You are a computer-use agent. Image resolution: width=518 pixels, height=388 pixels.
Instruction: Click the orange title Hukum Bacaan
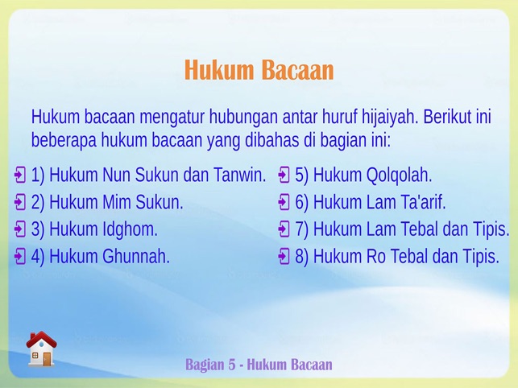(259, 70)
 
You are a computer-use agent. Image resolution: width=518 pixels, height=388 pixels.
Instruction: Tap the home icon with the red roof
(41, 349)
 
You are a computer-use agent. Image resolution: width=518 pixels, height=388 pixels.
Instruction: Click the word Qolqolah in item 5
(399, 175)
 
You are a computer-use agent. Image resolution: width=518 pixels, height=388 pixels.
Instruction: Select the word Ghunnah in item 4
(136, 256)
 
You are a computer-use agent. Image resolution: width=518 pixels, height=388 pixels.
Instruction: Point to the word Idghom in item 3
(131, 229)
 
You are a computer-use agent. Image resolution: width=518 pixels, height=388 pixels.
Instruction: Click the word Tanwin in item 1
(240, 175)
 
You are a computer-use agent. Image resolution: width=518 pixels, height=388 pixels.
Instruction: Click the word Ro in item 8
(376, 256)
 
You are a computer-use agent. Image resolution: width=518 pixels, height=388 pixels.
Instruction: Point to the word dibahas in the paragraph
(271, 140)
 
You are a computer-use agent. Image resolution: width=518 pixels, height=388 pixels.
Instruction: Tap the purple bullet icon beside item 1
(20, 175)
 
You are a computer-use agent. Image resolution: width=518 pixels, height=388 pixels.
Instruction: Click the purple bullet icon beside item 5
(284, 175)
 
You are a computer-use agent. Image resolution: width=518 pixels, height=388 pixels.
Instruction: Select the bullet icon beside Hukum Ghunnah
(20, 256)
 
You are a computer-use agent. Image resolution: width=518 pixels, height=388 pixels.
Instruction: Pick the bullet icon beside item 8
(284, 256)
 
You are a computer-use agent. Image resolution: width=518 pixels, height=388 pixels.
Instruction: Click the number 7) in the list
(301, 229)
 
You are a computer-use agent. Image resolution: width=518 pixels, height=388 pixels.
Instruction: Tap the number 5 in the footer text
(231, 365)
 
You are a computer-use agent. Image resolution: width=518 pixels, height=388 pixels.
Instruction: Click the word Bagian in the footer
(205, 365)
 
